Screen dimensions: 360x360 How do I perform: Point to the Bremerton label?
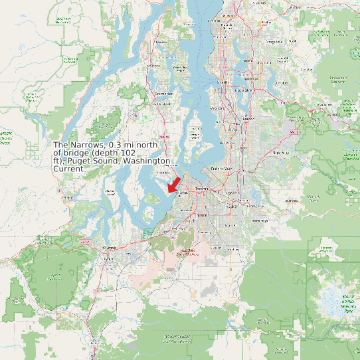163,94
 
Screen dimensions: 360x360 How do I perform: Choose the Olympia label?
110,246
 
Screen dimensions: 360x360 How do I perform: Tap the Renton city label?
249,119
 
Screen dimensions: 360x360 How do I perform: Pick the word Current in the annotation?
68,169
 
